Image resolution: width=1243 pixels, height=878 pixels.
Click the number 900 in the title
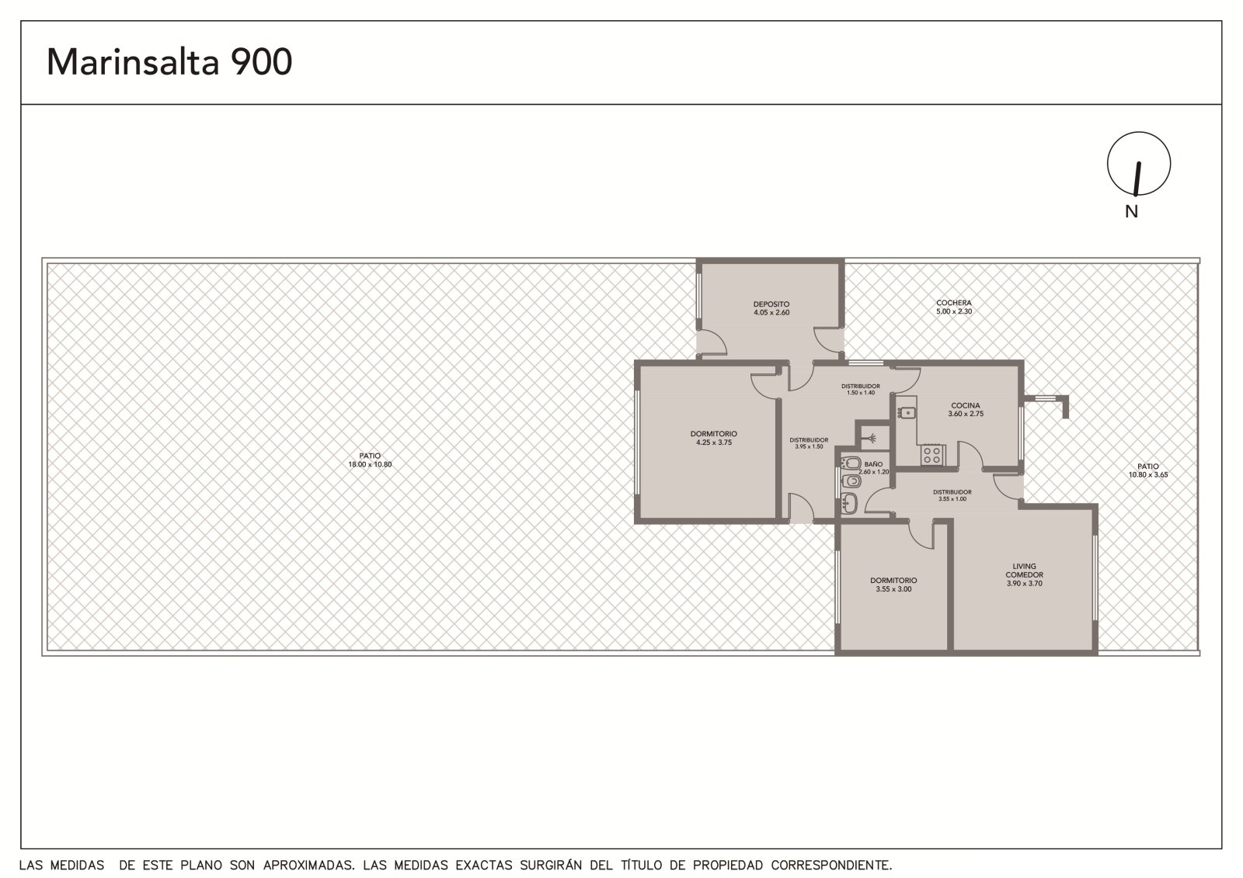[x=261, y=61]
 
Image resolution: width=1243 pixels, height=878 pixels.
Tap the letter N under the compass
[x=1131, y=211]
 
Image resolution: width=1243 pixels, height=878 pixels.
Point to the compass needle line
[x=1137, y=179]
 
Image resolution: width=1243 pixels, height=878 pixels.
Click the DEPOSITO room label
[x=771, y=304]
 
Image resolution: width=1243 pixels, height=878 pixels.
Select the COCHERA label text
[x=954, y=303]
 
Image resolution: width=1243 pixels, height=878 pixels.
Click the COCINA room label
[x=966, y=405]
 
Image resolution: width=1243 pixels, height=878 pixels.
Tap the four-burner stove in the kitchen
[x=932, y=456]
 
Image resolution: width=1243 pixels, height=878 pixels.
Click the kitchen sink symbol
[x=907, y=413]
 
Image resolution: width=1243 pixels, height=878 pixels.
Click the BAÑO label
[x=873, y=464]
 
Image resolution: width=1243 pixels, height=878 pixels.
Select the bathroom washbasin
[x=849, y=504]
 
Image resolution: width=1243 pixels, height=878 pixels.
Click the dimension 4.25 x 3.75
[x=714, y=442]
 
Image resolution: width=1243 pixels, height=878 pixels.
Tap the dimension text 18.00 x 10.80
[x=370, y=464]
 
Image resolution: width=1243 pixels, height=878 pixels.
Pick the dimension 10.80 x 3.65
[x=1148, y=475]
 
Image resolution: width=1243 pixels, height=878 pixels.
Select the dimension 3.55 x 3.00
[x=893, y=589]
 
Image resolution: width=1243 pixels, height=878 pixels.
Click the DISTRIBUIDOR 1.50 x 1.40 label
[x=861, y=390]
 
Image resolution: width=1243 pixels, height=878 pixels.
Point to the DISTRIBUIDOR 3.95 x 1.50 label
[x=809, y=443]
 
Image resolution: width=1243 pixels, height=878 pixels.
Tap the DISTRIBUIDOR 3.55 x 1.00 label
[x=952, y=495]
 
